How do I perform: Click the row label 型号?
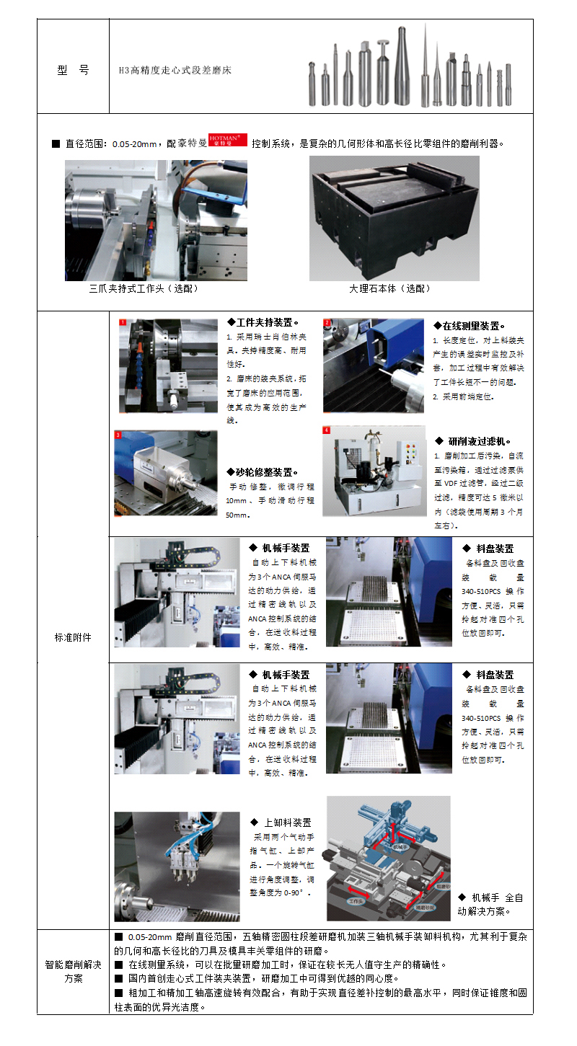coord(73,70)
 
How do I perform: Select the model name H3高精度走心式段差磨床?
coord(175,71)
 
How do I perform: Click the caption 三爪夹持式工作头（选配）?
coord(143,288)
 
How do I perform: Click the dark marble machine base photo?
coord(394,218)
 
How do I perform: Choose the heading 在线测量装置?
coord(469,326)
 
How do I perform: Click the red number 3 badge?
coord(119,435)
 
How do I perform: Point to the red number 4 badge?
coord(327,430)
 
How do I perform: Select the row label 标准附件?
coord(73,637)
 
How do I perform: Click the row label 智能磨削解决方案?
coord(73,971)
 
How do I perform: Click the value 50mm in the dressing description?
coord(237,515)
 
